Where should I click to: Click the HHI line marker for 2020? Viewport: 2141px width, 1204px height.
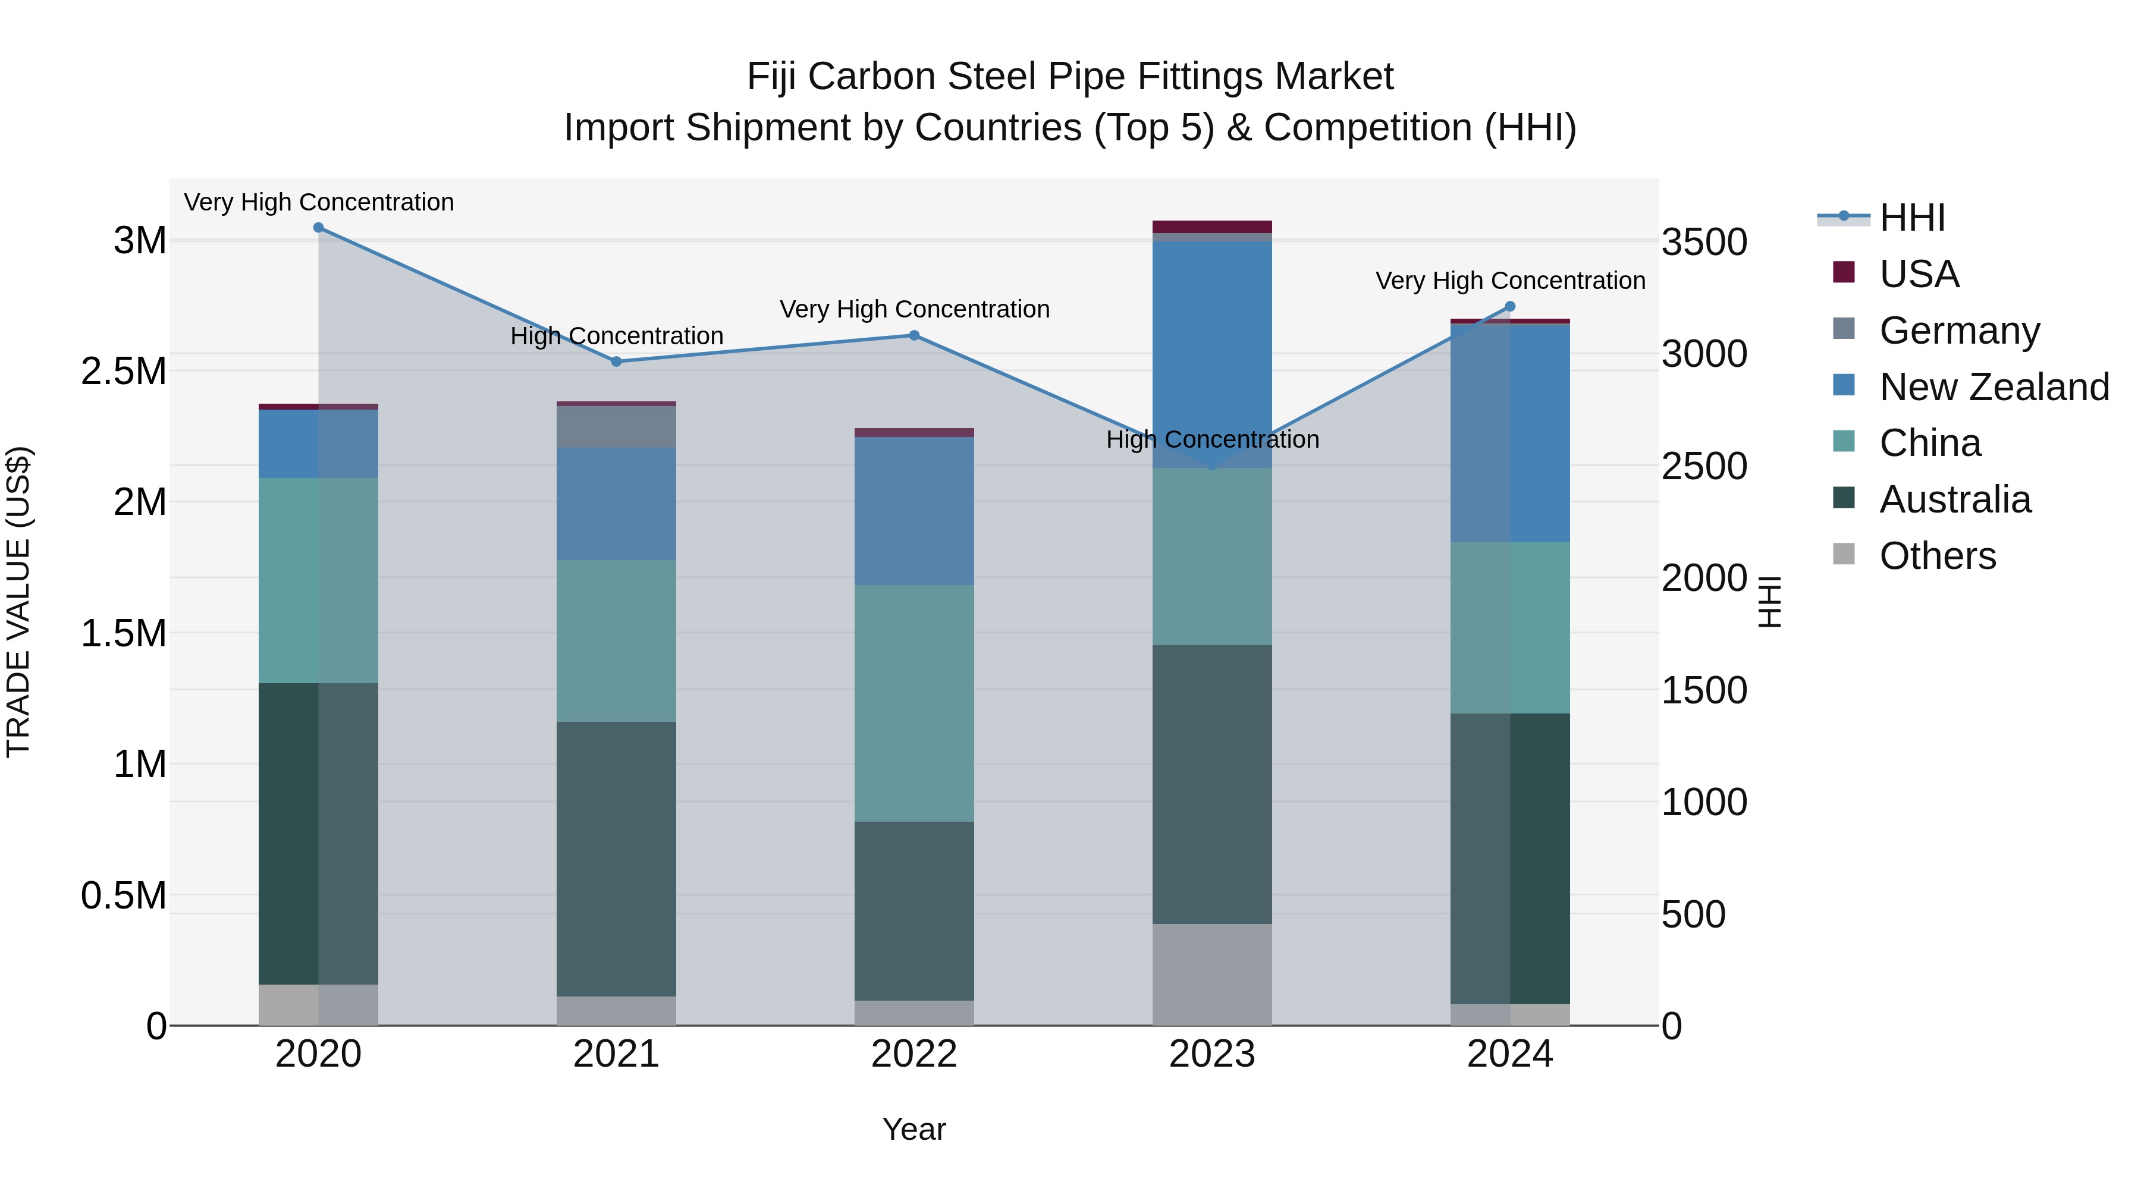pyautogui.click(x=318, y=228)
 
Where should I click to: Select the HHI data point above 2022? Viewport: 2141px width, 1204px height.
pyautogui.click(x=914, y=336)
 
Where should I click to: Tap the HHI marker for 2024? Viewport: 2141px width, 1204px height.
pyautogui.click(x=1510, y=307)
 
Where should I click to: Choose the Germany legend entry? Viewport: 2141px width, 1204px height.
pyautogui.click(x=1959, y=331)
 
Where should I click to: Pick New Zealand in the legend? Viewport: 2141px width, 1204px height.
pyautogui.click(x=1994, y=387)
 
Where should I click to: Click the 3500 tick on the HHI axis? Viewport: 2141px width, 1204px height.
pyautogui.click(x=1704, y=243)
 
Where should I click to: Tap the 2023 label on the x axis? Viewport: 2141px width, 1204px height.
pyautogui.click(x=1212, y=1054)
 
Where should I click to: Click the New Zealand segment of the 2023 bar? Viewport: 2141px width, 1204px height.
pyautogui.click(x=1212, y=353)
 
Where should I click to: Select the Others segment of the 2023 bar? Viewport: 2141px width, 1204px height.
pyautogui.click(x=1212, y=974)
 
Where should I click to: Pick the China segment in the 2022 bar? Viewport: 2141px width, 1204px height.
pyautogui.click(x=914, y=703)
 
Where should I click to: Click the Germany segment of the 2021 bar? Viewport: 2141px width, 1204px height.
pyautogui.click(x=616, y=427)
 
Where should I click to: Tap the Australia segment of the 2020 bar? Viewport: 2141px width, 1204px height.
pyautogui.click(x=318, y=834)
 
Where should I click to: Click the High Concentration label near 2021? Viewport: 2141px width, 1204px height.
pyautogui.click(x=617, y=337)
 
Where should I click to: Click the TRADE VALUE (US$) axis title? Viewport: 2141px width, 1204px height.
pyautogui.click(x=18, y=602)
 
